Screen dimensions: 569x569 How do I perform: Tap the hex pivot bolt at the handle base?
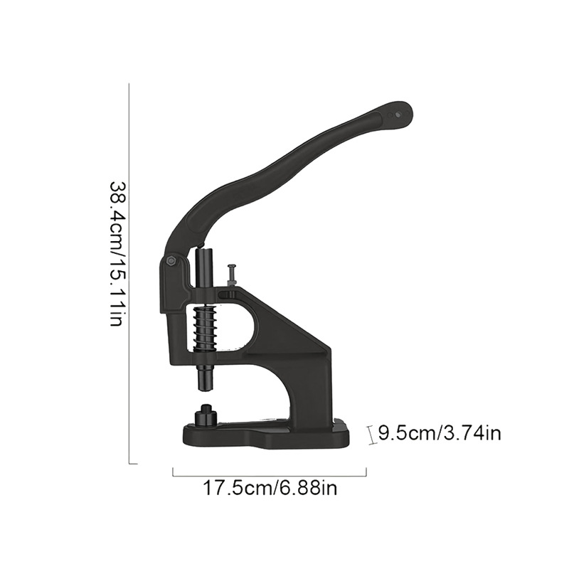coord(171,261)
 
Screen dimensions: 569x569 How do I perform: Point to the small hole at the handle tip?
coord(398,113)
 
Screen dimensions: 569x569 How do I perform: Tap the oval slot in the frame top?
coord(227,293)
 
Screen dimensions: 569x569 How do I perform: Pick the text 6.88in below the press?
coord(307,489)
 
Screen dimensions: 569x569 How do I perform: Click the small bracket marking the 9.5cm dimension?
coord(370,434)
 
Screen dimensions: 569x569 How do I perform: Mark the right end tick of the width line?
coord(366,472)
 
